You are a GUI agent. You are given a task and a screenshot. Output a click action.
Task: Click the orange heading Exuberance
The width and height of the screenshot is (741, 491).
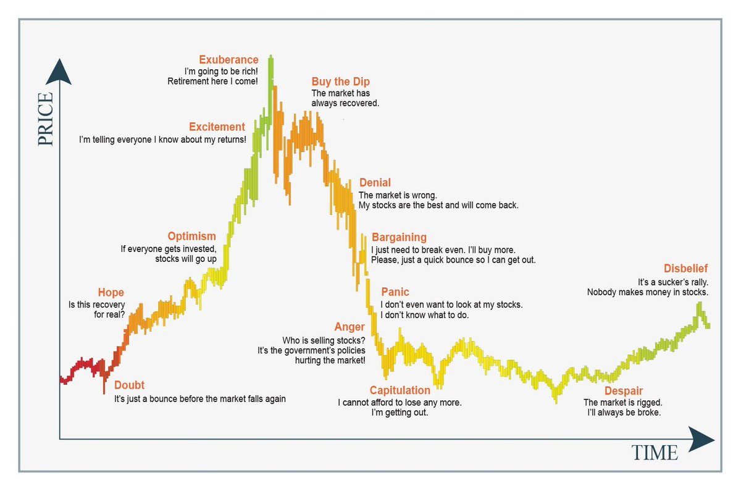(228, 60)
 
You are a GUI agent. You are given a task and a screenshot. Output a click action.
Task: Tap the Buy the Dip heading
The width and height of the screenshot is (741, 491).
(340, 82)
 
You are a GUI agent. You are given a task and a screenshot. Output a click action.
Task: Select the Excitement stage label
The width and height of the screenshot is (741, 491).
(217, 127)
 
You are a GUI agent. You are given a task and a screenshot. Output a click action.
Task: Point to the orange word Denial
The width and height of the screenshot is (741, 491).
(375, 183)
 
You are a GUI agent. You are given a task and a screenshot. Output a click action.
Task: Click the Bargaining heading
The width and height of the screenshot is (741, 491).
(399, 238)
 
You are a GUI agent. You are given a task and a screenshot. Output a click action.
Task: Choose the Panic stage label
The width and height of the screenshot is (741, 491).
(395, 292)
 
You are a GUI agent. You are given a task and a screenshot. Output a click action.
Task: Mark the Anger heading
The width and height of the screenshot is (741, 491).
(350, 327)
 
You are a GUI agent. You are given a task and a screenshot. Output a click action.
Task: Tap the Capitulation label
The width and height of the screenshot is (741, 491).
(400, 390)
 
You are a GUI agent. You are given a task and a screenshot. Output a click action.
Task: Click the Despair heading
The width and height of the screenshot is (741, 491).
(623, 391)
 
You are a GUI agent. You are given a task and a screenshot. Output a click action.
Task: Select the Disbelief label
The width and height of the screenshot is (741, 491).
(685, 269)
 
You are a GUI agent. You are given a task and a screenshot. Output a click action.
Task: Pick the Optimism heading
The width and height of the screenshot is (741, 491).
(191, 237)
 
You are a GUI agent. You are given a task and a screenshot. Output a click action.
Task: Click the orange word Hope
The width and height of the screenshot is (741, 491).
(111, 293)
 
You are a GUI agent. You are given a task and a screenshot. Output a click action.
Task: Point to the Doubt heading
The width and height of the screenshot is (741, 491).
(130, 386)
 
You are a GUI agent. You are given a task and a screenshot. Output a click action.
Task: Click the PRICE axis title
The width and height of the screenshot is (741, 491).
(46, 120)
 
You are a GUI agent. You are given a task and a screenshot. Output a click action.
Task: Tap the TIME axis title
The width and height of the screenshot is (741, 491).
(654, 453)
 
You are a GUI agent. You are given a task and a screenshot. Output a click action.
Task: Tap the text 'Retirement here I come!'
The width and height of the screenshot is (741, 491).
(212, 81)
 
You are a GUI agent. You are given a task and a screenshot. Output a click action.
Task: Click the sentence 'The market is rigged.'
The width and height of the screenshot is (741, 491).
(622, 403)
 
